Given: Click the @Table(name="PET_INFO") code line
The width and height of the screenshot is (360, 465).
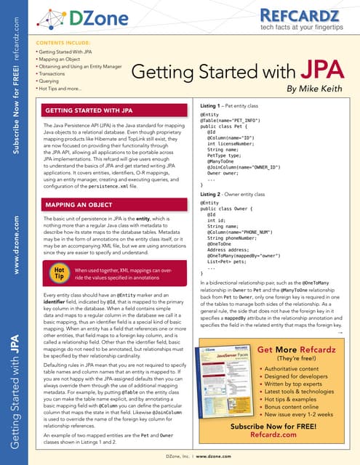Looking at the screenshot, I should point(231,120).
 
